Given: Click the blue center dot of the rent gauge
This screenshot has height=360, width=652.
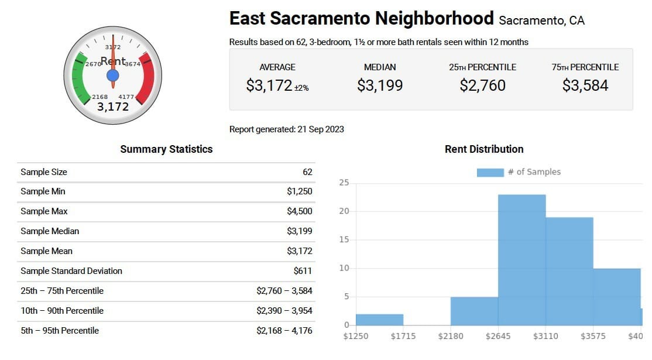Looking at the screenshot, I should pos(113,76).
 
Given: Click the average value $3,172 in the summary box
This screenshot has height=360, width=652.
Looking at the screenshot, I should pos(269,85).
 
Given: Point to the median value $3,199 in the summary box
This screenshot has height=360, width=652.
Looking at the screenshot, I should pos(380,85).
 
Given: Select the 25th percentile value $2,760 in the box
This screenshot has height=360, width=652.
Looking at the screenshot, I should pos(482,85).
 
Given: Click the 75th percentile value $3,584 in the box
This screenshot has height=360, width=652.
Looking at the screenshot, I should pos(585,85).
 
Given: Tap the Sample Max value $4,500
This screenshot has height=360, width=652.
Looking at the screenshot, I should pos(299,211).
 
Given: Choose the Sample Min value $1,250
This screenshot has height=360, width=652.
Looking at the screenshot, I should pos(299,191).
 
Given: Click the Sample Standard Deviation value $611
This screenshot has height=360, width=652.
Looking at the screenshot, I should pos(303,271).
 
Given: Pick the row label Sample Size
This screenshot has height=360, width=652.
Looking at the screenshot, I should pos(44,172).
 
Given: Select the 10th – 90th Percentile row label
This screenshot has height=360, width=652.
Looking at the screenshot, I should pos(62,311).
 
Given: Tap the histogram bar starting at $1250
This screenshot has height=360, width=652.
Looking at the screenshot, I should pos(379,320).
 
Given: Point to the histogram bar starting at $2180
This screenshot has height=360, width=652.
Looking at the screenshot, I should pos(474,311).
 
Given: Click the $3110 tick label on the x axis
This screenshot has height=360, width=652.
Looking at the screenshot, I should pos(545,337).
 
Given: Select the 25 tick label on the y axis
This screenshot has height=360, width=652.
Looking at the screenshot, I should pos(344,183).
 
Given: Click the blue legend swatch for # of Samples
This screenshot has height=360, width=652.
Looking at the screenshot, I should pos(490,172).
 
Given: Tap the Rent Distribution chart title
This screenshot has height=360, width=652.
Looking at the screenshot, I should pos(484,149).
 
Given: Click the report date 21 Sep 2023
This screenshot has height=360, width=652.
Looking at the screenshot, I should pos(320,129).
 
